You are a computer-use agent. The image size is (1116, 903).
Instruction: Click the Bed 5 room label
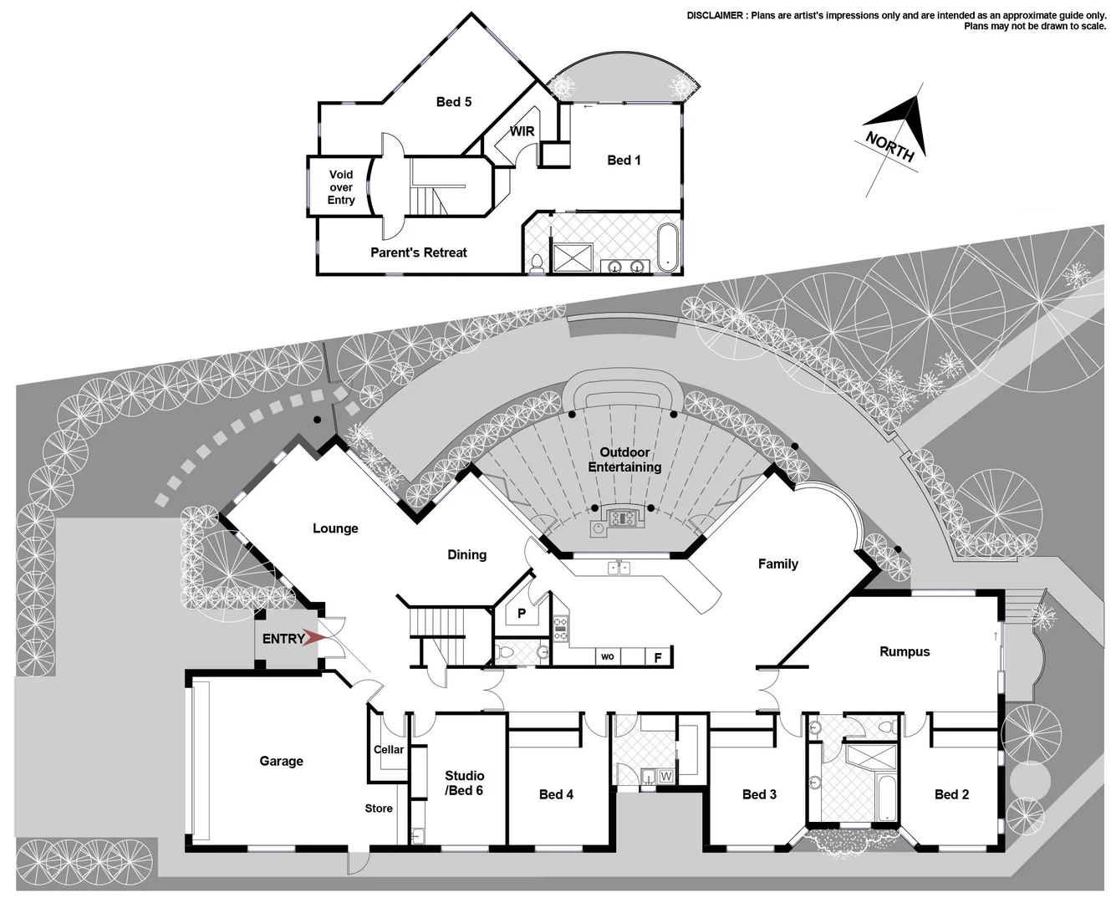454,102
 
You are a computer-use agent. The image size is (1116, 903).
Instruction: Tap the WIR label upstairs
522,131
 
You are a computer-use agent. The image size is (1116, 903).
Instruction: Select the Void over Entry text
341,187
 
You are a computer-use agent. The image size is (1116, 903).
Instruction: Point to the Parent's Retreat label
418,253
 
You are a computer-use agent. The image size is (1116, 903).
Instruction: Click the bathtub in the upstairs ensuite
667,247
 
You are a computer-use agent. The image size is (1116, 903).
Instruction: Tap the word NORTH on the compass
889,146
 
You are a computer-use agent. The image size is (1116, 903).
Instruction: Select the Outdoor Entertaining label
624,460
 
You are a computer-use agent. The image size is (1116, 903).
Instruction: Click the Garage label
281,761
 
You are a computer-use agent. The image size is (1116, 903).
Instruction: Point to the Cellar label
389,749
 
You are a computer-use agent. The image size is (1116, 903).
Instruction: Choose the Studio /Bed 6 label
464,783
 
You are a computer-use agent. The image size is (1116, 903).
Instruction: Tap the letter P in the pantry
522,614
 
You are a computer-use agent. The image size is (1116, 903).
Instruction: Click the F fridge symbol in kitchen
658,658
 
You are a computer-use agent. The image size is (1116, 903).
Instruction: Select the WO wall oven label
608,657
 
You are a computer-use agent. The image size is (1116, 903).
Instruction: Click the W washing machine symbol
666,777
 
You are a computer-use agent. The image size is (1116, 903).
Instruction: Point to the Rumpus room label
905,651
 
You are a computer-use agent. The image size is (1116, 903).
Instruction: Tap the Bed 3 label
759,794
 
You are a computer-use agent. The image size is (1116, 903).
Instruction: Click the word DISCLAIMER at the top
715,15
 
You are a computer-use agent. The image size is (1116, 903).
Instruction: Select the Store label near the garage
379,809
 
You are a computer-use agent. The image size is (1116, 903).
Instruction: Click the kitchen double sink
619,569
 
